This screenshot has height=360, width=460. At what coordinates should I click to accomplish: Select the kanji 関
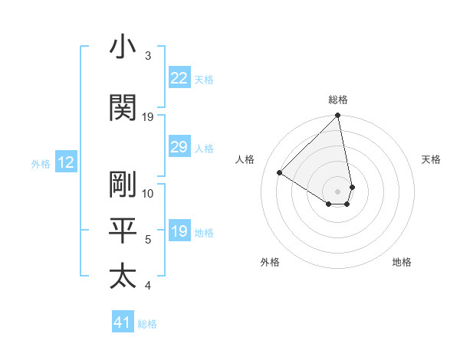[x=123, y=108]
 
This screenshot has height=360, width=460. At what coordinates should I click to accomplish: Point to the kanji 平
[x=123, y=231]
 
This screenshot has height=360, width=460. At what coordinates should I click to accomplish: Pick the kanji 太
[x=123, y=276]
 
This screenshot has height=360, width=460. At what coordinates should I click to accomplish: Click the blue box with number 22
[x=179, y=78]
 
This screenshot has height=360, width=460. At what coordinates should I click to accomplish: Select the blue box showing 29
[x=179, y=147]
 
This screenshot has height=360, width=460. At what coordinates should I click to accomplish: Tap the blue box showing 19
[x=179, y=231]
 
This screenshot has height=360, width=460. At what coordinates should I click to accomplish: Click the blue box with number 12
[x=66, y=162]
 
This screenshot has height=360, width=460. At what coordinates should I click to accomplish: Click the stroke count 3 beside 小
[x=148, y=56]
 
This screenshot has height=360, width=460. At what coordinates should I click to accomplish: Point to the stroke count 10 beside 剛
[x=148, y=193]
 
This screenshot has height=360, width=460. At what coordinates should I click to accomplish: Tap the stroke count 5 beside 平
[x=148, y=240]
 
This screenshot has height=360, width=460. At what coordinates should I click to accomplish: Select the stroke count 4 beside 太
[x=148, y=286]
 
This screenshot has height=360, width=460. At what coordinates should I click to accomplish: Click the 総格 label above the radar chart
[x=338, y=100]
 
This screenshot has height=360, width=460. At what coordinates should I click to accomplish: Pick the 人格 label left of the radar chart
[x=245, y=159]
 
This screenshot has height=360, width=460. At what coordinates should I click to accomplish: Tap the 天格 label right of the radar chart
[x=431, y=159]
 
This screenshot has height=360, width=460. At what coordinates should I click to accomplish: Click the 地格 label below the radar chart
[x=402, y=262]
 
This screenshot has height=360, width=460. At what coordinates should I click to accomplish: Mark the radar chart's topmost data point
[x=337, y=116]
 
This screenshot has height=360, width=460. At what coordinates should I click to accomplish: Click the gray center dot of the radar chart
[x=337, y=191]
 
